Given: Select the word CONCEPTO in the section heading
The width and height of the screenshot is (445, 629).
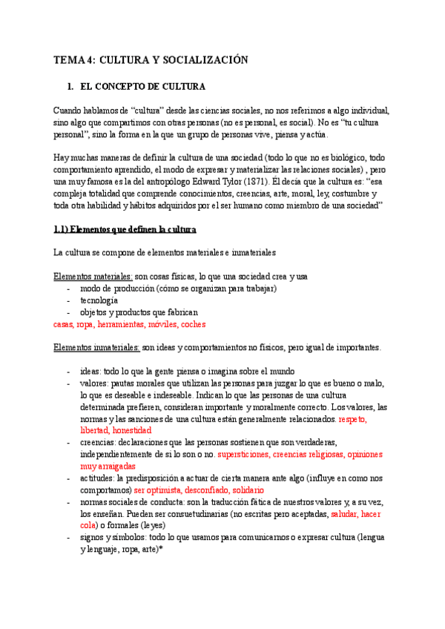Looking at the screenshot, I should (x=139, y=87).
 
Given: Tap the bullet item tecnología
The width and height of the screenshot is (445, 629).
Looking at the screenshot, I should (x=99, y=300).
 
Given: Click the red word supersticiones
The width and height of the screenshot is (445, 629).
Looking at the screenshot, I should (x=248, y=454).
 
